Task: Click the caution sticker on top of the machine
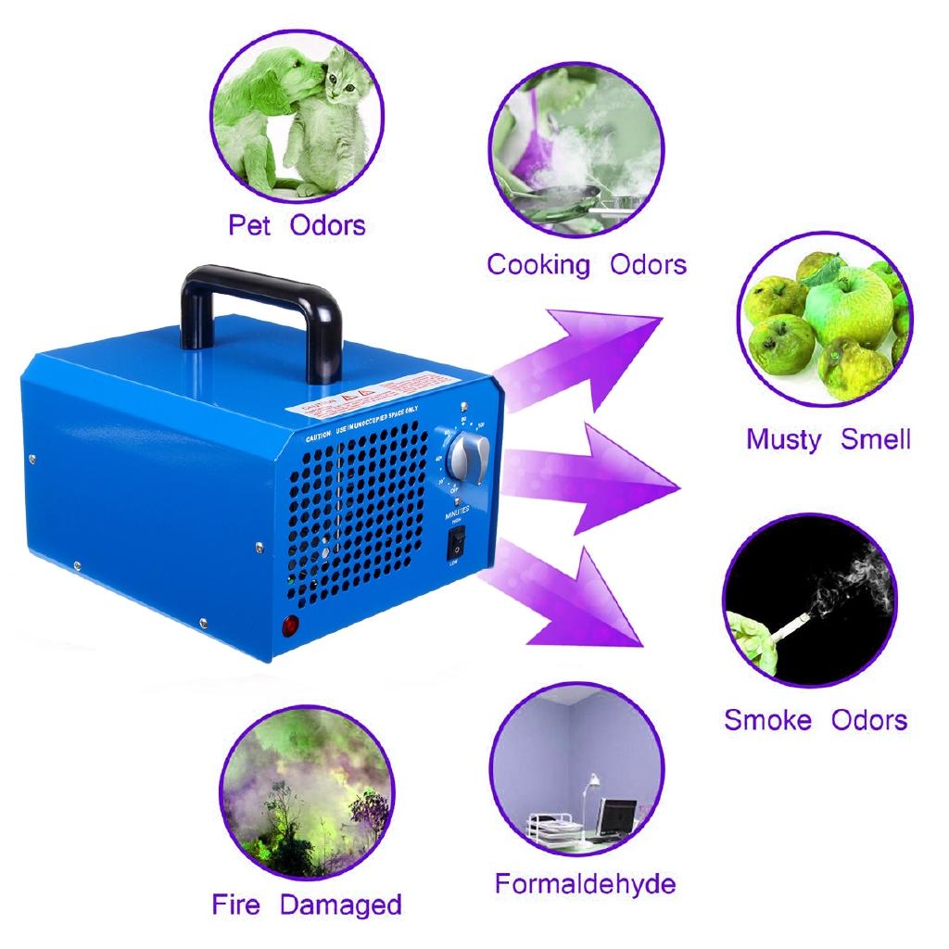coord(371,393)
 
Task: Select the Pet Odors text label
coord(297,225)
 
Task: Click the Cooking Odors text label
coord(587,265)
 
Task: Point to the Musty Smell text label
coord(829,438)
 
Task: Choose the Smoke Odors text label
coord(816,719)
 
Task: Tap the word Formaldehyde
coord(585,883)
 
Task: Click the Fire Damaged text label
coord(307,905)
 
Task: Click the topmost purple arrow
coord(584,351)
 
